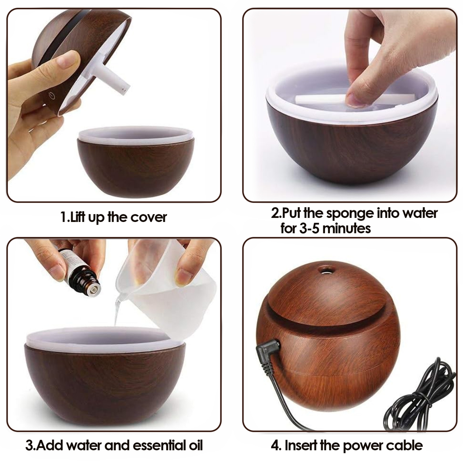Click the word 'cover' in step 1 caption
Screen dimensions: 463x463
pyautogui.click(x=148, y=217)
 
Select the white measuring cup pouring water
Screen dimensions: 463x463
pyautogui.click(x=167, y=296)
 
